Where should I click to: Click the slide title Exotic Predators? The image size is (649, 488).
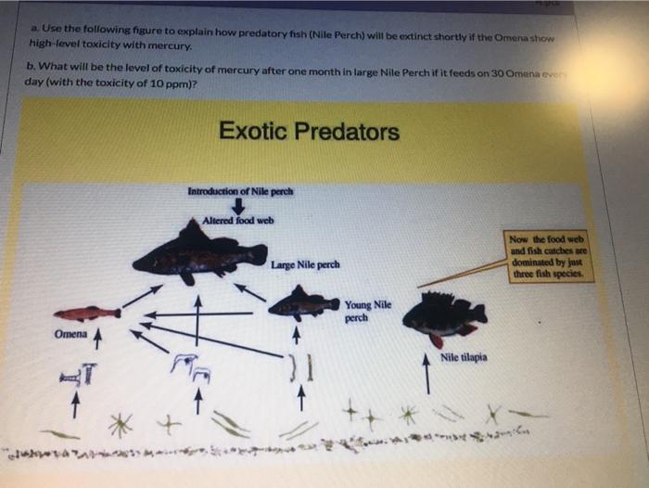[309, 132]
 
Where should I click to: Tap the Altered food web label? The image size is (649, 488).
[239, 221]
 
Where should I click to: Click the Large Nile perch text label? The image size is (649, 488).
[305, 265]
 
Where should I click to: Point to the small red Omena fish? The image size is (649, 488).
[87, 313]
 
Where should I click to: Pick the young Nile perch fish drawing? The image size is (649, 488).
[303, 303]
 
